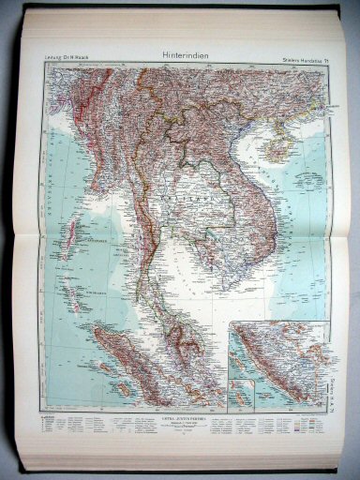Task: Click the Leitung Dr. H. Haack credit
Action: (x=62, y=61)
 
